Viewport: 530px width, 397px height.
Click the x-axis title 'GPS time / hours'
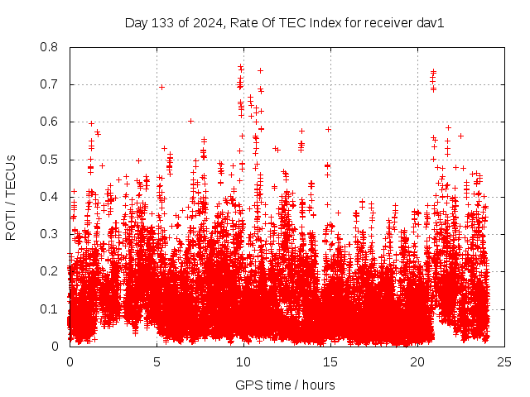pos(285,385)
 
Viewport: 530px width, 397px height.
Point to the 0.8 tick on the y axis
pos(51,47)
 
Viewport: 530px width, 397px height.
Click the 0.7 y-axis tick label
pos(51,84)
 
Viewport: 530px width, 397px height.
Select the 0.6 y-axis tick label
pos(51,122)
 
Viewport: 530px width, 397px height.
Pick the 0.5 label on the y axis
pos(51,160)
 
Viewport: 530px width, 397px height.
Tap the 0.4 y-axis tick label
pos(51,197)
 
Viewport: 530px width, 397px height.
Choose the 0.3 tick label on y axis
pos(51,234)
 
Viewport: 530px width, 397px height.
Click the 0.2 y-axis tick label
pos(51,271)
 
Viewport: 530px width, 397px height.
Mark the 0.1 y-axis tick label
pos(51,309)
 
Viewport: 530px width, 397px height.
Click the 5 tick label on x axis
pos(157,361)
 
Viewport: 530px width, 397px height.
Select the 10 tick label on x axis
pos(243,361)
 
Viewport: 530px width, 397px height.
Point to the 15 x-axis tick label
pos(330,361)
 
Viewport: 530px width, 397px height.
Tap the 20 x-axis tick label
pos(417,361)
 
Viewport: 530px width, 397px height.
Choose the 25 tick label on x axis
pos(504,361)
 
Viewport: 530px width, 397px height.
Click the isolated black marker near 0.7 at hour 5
pos(162,87)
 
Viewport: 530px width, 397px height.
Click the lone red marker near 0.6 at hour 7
pos(191,121)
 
